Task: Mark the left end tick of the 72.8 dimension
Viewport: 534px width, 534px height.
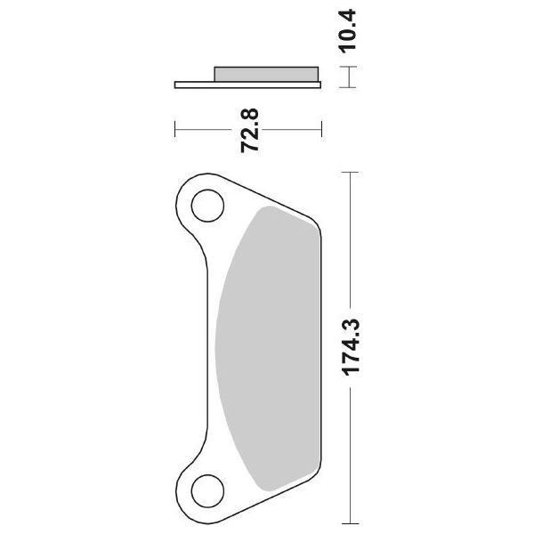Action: point(175,130)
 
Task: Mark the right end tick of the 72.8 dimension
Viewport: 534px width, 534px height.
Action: point(321,130)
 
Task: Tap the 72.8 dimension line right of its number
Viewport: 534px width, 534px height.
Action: point(294,130)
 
